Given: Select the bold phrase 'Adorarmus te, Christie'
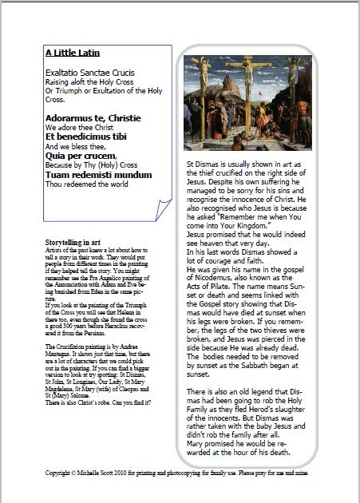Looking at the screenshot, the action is (x=89, y=117).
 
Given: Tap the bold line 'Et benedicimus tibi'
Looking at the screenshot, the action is (x=86, y=137).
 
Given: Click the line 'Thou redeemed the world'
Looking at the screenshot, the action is (x=86, y=184).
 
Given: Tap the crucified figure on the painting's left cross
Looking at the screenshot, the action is (x=204, y=88).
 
